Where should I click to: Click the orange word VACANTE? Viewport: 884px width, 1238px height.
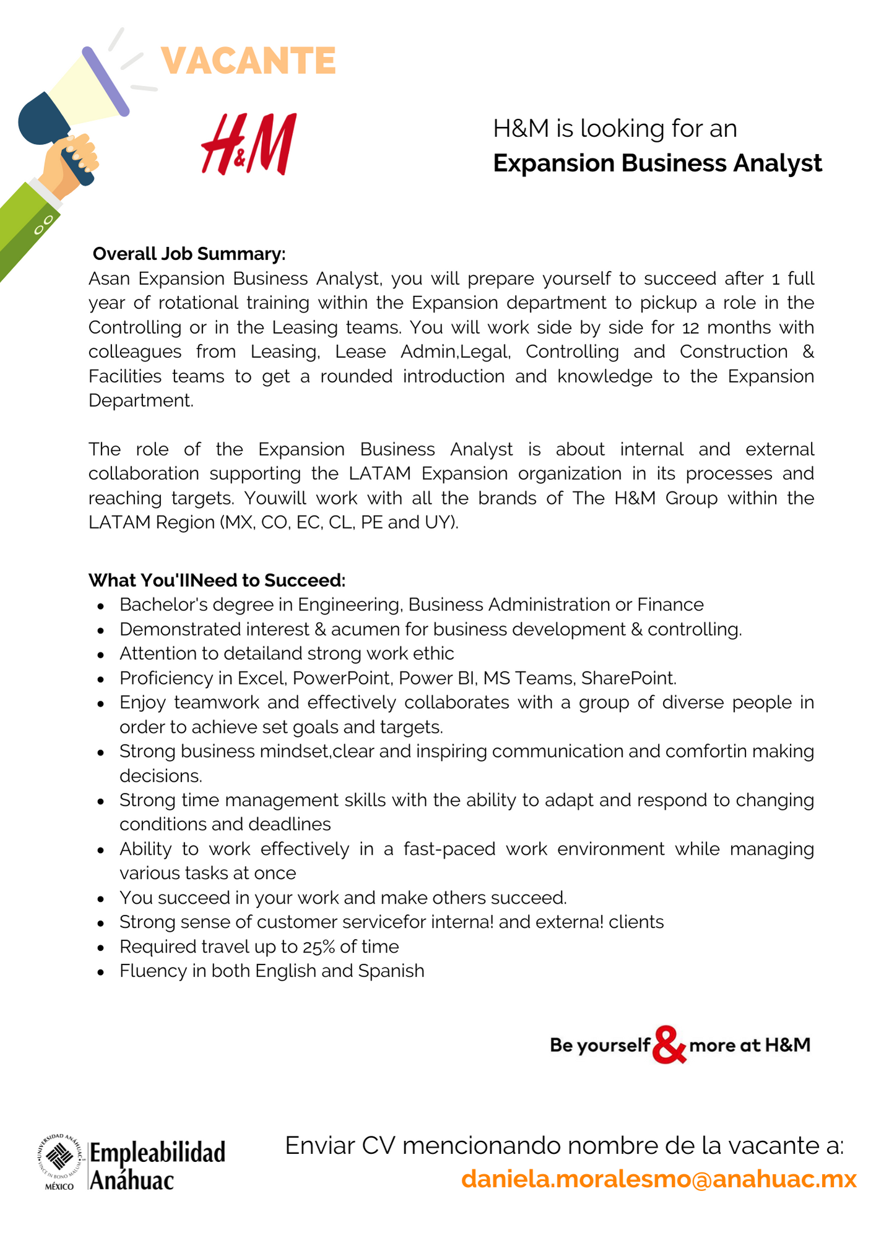(x=248, y=61)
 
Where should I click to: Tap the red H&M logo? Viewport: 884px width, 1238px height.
(x=249, y=144)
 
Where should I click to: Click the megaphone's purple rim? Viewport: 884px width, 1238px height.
(x=105, y=81)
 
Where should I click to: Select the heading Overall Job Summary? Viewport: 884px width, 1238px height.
(x=189, y=254)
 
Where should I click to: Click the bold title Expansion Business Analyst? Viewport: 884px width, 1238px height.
(x=657, y=163)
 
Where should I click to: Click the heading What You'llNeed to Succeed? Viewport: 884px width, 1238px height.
(x=217, y=580)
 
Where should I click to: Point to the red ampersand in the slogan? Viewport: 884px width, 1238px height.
(x=669, y=1045)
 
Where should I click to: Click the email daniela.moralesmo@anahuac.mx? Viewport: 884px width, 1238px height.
(x=659, y=1179)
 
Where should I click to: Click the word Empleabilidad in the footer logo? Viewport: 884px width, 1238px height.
(x=157, y=1153)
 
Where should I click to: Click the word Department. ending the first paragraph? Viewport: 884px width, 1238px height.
(x=141, y=400)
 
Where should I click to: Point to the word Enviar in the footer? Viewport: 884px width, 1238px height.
(x=319, y=1146)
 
